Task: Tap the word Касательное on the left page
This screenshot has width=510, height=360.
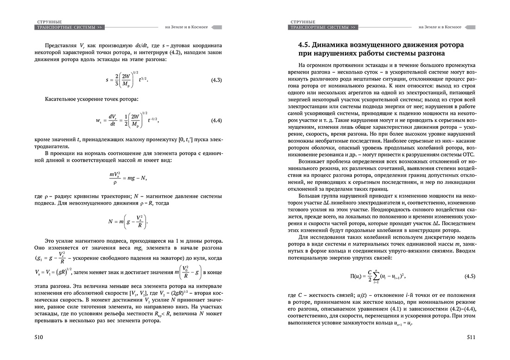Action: coord(62,99)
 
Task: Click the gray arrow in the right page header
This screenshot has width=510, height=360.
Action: coord(470,27)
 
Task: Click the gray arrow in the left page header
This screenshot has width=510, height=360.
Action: coord(216,27)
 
